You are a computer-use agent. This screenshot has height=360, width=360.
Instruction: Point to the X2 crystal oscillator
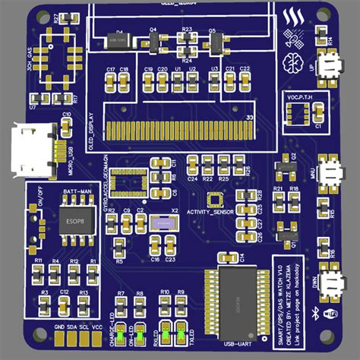(x=162, y=225)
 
